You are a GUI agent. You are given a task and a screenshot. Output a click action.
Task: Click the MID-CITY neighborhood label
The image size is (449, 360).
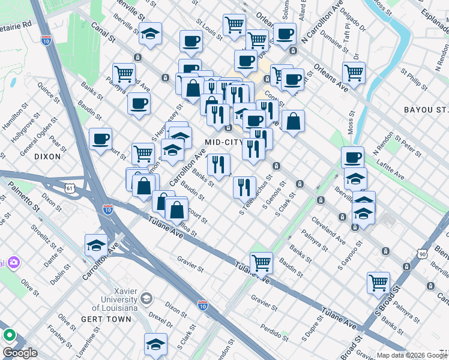coord(223,142)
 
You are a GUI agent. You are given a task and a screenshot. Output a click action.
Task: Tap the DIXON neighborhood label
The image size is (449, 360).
coord(47,156)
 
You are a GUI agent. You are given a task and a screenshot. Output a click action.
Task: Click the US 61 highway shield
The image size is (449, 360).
coord(71,188)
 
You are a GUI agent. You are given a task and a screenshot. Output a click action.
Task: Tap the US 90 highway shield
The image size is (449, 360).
coord(423,255)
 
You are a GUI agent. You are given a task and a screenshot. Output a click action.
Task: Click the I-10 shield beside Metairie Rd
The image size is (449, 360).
coord(46,40)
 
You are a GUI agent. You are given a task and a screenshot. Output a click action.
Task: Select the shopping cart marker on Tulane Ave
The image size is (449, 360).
coord(261,262)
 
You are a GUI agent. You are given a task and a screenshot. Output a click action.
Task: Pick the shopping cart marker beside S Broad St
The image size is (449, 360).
coord(378,282)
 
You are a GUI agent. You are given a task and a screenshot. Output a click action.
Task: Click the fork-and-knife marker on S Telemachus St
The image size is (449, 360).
coord(244,187)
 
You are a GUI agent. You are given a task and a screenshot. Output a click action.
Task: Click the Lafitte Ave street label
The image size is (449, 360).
coord(390,167)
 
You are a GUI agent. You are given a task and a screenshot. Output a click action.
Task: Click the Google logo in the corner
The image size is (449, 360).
coord(20,353)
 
